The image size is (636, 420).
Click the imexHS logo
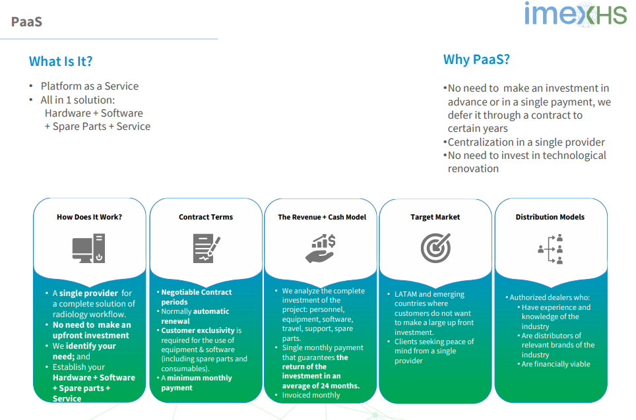[575, 15]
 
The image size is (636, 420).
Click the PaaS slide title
[26, 22]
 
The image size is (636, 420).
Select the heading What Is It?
[61, 61]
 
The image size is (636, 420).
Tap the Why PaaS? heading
[476, 59]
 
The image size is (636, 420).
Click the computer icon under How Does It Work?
[89, 248]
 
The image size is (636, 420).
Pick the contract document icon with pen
[207, 248]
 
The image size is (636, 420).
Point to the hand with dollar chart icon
[321, 248]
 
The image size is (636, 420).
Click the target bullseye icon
[435, 248]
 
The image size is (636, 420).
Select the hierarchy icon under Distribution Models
[550, 249]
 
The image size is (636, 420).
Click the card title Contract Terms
[206, 218]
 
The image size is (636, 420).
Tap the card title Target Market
[435, 218]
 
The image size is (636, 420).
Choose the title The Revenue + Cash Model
[322, 218]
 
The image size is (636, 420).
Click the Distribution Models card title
[550, 218]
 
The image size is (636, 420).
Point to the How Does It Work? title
[89, 218]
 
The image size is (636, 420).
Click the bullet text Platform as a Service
[90, 86]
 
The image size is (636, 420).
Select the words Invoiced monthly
[311, 395]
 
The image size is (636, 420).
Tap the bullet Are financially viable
[556, 364]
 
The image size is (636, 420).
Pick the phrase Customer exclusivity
[198, 330]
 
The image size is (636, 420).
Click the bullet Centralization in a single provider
[526, 142]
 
